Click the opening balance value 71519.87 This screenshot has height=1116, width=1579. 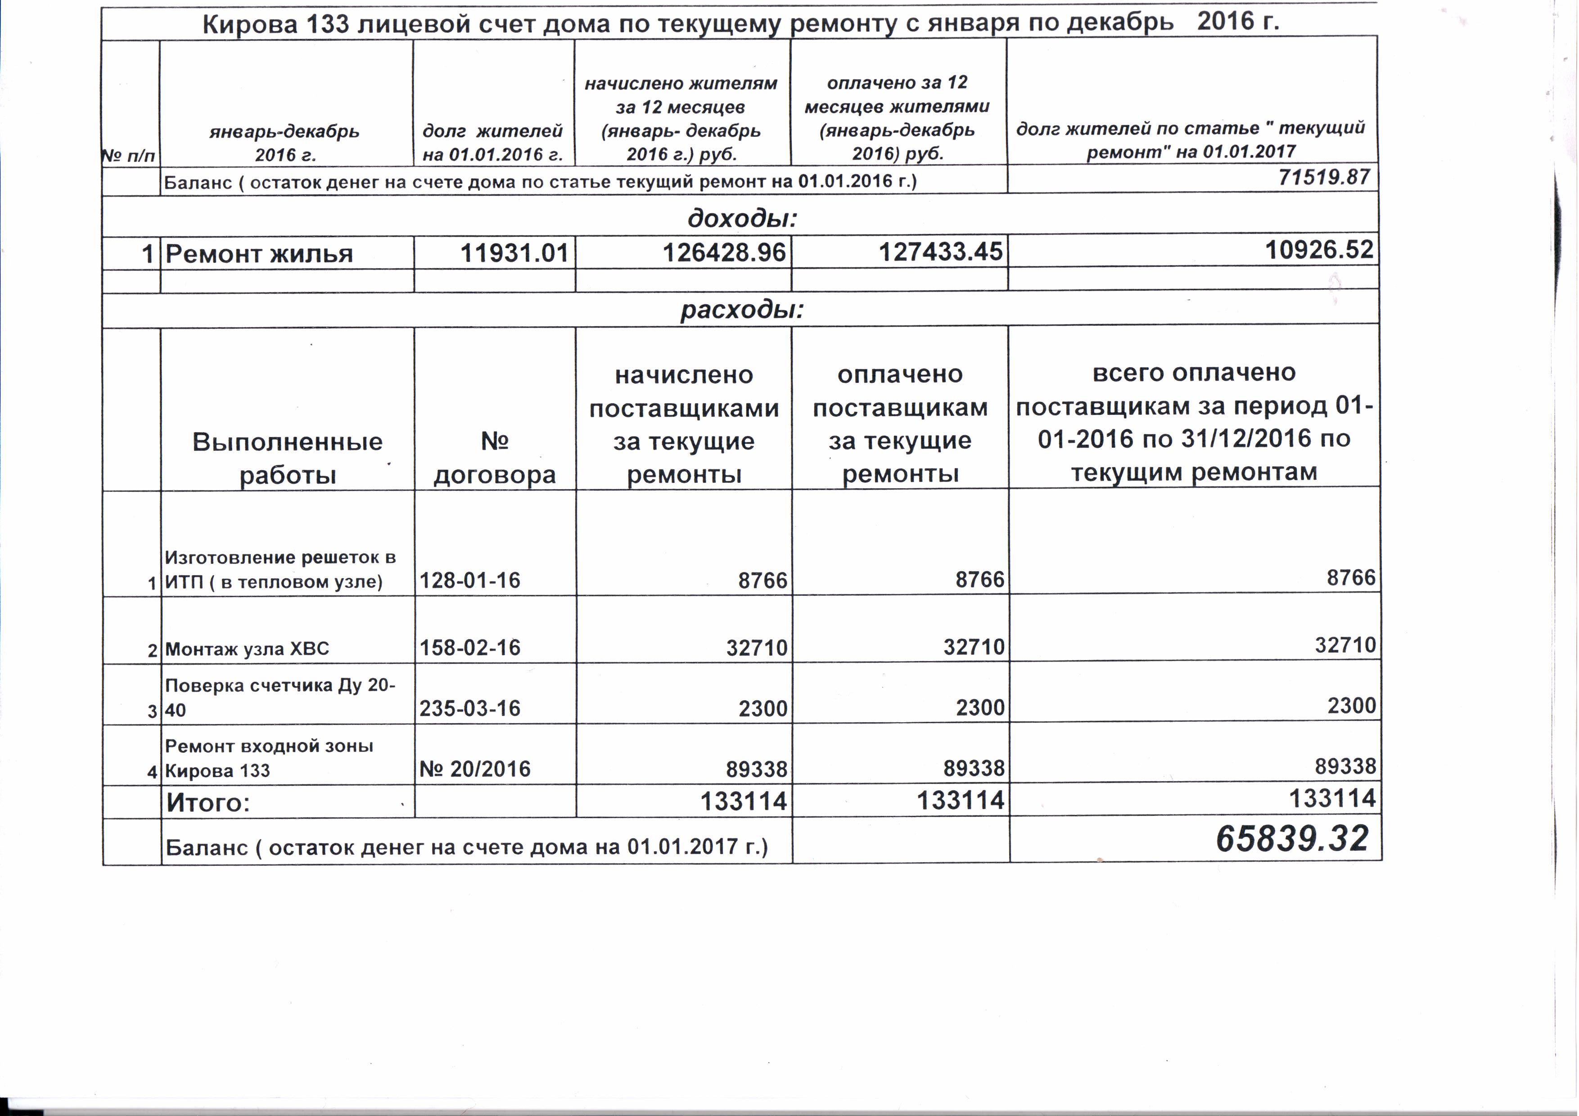(1324, 177)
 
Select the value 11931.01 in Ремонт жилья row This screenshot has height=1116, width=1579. (514, 253)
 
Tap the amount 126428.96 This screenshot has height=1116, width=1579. (723, 252)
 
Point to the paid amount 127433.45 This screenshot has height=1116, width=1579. (940, 252)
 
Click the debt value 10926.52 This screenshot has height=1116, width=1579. (1319, 250)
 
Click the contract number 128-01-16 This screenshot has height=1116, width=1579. (470, 580)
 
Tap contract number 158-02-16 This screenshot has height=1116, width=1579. (470, 647)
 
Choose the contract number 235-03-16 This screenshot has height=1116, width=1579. (470, 708)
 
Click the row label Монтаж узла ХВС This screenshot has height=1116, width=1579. (247, 648)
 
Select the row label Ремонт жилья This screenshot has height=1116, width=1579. (259, 254)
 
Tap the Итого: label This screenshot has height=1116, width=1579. (208, 802)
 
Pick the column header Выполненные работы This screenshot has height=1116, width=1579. (288, 458)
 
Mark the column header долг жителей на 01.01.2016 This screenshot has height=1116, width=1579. (492, 142)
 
